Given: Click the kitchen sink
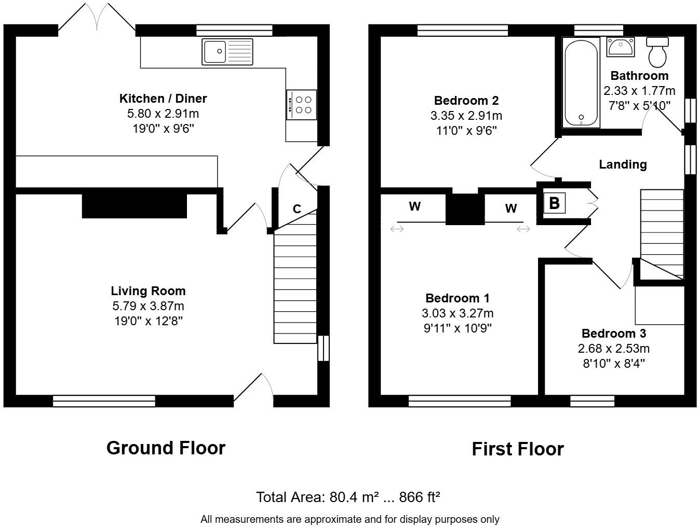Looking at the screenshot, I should [x=227, y=51].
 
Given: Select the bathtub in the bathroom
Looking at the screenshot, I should [x=581, y=82].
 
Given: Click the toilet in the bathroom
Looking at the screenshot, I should [x=658, y=52].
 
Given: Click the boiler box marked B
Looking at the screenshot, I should [x=554, y=203].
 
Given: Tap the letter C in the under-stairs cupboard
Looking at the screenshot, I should [x=297, y=209].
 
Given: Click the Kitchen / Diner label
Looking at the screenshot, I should [x=163, y=99].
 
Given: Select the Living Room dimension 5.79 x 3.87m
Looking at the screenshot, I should [x=148, y=306].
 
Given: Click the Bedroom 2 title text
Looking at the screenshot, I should [x=466, y=101].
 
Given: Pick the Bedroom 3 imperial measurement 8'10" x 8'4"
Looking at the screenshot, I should [x=613, y=363].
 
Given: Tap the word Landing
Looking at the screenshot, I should [x=623, y=164].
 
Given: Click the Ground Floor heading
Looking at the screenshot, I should [x=166, y=448].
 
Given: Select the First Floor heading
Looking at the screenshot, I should [x=517, y=449].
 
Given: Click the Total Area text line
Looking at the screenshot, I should [x=348, y=497].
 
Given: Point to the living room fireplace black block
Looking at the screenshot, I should [x=134, y=206].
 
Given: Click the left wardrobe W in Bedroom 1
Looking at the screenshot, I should [x=414, y=207].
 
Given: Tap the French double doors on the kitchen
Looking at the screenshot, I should [x=97, y=18].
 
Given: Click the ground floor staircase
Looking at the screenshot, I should [x=295, y=285].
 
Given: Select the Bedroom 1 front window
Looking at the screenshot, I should [x=460, y=401].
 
